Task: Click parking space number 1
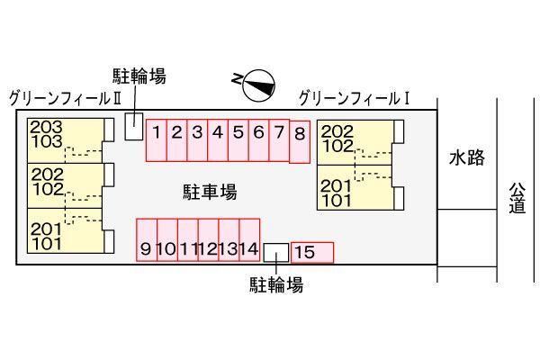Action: point(157,140)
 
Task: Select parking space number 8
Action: point(300,141)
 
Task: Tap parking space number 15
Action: point(312,253)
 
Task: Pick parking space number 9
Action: point(147,240)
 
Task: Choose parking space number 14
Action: point(249,240)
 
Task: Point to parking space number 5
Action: point(238,140)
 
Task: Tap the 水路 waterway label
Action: point(467,157)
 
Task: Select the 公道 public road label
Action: point(517,198)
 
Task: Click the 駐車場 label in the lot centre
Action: point(210,192)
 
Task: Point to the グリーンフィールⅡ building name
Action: point(65,98)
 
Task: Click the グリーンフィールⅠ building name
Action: point(355,98)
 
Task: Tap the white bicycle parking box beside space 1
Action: point(133,126)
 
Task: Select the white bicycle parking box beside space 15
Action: point(276,252)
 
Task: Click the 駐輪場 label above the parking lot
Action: point(139,76)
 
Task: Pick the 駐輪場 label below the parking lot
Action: point(276,285)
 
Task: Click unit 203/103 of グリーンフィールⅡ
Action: point(66,140)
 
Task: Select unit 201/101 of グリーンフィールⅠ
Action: point(355,187)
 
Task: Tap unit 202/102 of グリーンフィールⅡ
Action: point(66,185)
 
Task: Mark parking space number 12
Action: point(209,240)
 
